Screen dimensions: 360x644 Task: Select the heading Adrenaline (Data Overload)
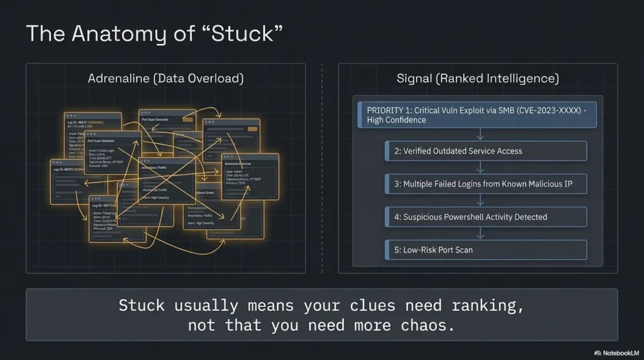pyautogui.click(x=165, y=79)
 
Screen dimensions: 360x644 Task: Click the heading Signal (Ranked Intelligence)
pyautogui.click(x=477, y=79)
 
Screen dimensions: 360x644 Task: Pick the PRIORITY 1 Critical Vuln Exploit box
pyautogui.click(x=477, y=115)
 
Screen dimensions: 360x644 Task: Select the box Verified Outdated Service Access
pyautogui.click(x=486, y=151)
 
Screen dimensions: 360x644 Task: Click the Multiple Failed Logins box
pyautogui.click(x=486, y=184)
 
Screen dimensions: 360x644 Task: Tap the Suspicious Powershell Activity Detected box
pyautogui.click(x=486, y=217)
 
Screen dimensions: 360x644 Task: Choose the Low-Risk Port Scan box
pyautogui.click(x=486, y=250)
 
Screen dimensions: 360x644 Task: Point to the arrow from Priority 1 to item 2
pyautogui.click(x=480, y=134)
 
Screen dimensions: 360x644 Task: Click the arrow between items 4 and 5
pyautogui.click(x=480, y=233)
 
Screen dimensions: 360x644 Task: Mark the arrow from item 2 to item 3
pyautogui.click(x=480, y=167)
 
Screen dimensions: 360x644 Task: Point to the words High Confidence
pyautogui.click(x=396, y=120)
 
